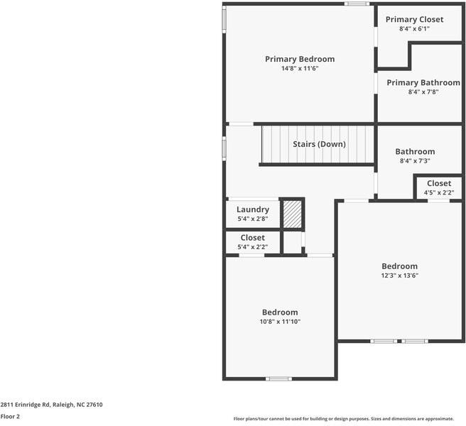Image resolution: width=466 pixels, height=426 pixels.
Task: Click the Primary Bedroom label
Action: [299, 59]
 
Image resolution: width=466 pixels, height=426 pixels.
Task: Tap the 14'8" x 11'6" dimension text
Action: [299, 69]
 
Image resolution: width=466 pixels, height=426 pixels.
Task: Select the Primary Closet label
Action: [414, 19]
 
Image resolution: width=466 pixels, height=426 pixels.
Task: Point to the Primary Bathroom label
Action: [423, 82]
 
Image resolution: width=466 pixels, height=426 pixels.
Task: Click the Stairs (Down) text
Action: [319, 144]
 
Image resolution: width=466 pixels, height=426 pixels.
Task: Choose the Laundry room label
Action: [252, 209]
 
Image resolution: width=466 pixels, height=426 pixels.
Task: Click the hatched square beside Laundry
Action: [292, 214]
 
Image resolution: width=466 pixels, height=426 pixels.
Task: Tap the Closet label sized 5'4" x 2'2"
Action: [252, 238]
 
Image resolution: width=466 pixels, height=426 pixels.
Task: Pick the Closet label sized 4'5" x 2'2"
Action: [438, 183]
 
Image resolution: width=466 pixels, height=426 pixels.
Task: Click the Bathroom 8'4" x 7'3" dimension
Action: [415, 161]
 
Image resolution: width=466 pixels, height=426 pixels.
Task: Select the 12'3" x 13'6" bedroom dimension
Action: [399, 275]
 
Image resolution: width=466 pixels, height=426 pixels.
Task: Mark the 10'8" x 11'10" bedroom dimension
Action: [280, 322]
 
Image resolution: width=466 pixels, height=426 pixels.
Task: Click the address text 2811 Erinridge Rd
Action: [51, 405]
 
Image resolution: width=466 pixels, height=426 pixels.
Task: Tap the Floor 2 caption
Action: [10, 417]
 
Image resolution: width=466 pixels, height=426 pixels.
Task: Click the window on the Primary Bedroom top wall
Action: [357, 4]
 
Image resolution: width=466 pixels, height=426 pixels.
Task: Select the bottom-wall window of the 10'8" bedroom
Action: [278, 378]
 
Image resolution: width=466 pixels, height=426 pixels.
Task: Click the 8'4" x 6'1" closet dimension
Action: [414, 29]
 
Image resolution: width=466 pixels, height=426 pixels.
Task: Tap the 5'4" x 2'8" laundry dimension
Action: [252, 219]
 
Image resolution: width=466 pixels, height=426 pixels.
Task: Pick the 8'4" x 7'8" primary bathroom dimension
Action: [423, 92]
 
